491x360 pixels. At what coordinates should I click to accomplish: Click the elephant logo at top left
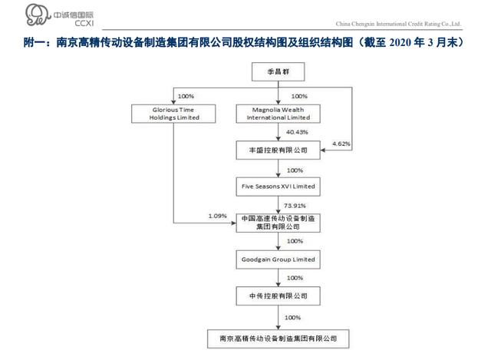(38, 15)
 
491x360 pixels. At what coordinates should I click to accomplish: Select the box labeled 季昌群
(278, 71)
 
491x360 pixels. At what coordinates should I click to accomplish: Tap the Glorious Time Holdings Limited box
(173, 114)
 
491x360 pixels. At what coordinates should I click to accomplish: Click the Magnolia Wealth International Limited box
(278, 114)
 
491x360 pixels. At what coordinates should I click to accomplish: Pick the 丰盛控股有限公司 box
(278, 150)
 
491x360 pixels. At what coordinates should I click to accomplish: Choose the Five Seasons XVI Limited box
(278, 187)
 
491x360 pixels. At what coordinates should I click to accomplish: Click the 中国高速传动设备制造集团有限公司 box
(278, 223)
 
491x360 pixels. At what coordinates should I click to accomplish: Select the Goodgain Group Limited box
(278, 259)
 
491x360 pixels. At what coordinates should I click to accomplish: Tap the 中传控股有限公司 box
(278, 296)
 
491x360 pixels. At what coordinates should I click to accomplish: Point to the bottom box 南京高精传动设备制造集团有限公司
(278, 339)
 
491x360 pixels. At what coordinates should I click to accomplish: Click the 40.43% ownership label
(297, 132)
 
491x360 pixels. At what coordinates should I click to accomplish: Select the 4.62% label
(341, 144)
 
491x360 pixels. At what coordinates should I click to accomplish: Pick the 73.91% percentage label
(295, 206)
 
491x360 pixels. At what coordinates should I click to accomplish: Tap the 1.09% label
(217, 216)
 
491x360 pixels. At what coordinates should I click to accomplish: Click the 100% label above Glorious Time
(186, 96)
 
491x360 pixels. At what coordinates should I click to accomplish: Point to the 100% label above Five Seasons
(295, 170)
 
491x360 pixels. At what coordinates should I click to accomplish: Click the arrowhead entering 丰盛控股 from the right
(323, 150)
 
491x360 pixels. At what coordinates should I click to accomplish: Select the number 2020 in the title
(400, 43)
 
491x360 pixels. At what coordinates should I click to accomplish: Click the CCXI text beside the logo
(84, 23)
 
